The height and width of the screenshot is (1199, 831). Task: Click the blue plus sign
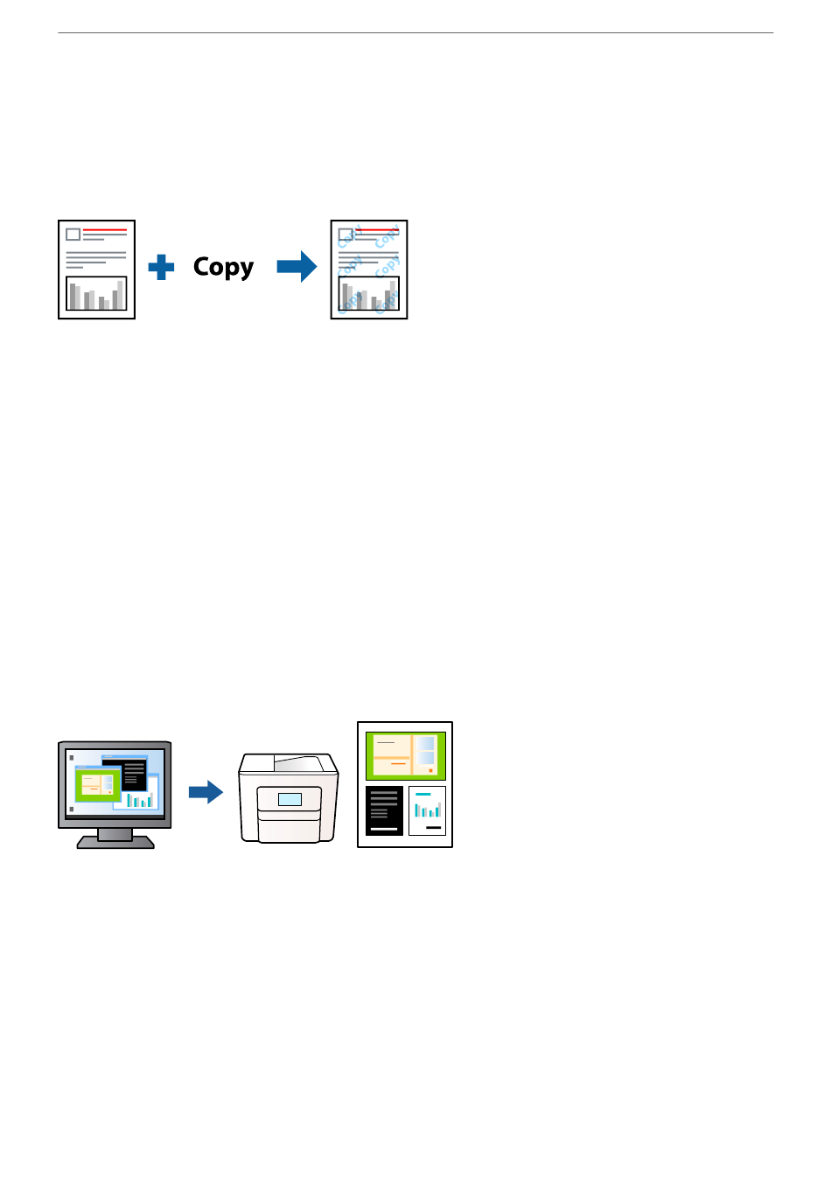pos(161,267)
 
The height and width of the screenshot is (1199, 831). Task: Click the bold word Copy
pos(223,267)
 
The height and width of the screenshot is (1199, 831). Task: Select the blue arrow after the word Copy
pos(297,267)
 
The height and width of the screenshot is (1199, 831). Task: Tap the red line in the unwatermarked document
pos(105,230)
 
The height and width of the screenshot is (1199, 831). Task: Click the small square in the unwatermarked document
pos(73,235)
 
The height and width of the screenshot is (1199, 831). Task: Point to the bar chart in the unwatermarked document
pos(96,293)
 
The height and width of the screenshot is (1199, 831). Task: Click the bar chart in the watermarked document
pos(368,293)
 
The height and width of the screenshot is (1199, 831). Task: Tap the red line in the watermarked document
pos(377,230)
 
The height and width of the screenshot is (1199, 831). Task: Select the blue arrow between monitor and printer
pos(206,792)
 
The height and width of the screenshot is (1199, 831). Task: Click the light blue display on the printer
pos(290,800)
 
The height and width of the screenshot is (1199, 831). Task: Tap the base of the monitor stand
pos(115,843)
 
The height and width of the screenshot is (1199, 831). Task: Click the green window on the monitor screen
pos(98,785)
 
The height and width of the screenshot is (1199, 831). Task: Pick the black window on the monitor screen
pos(125,774)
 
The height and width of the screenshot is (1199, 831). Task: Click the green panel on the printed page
pos(406,756)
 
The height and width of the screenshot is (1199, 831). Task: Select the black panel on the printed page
pos(384,811)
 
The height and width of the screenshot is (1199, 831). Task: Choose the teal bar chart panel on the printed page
pos(427,811)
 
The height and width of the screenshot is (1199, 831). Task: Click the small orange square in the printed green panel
pos(430,771)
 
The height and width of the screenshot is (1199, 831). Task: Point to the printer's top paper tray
pos(298,763)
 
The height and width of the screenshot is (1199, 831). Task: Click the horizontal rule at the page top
pos(415,33)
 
